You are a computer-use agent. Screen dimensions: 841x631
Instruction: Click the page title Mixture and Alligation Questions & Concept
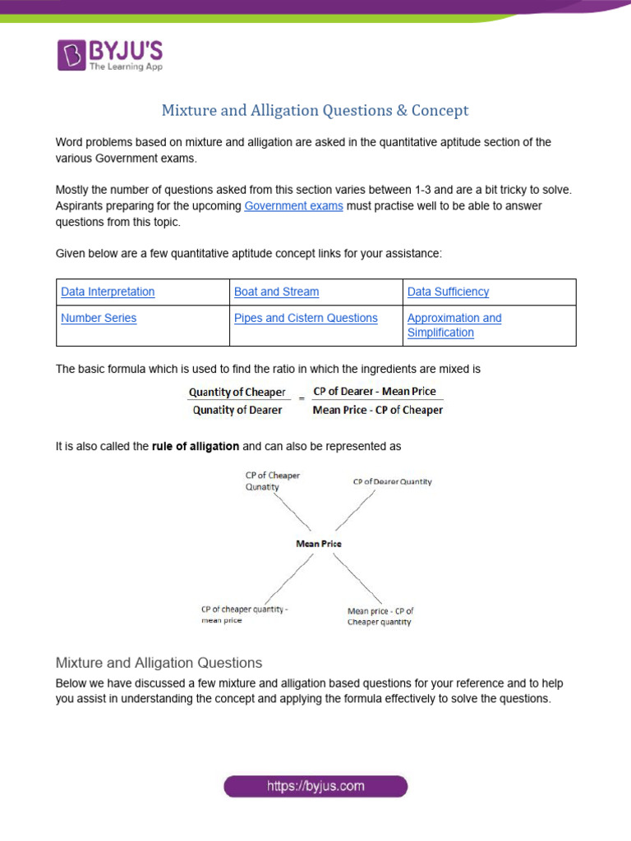(x=315, y=110)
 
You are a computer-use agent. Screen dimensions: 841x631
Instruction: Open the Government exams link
(x=293, y=206)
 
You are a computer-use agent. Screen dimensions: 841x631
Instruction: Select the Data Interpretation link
(x=108, y=292)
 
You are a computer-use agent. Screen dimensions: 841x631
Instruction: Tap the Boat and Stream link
(x=276, y=292)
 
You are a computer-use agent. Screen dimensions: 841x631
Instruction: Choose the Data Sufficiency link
(x=448, y=292)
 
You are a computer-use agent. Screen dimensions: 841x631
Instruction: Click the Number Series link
(x=99, y=318)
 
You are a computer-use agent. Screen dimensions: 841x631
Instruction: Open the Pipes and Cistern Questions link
(x=306, y=318)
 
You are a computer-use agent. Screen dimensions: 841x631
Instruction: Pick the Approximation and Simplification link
(x=454, y=325)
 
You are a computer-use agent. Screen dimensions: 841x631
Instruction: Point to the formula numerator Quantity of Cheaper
(x=237, y=393)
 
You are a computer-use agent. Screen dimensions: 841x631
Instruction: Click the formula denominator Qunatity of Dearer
(x=237, y=410)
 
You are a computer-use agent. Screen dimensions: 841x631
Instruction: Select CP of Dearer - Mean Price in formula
(x=375, y=392)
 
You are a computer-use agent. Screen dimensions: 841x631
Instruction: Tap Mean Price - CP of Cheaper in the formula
(x=378, y=410)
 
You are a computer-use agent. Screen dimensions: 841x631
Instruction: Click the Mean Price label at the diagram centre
(x=318, y=544)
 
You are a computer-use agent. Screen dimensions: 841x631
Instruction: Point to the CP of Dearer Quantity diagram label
(x=392, y=482)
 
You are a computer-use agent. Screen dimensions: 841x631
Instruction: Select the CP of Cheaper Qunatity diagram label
(x=273, y=481)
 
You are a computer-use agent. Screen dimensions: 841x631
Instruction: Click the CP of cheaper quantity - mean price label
(x=245, y=615)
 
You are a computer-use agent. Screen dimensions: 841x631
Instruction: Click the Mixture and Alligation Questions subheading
(x=159, y=662)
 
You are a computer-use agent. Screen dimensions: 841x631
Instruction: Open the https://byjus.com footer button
(x=315, y=787)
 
